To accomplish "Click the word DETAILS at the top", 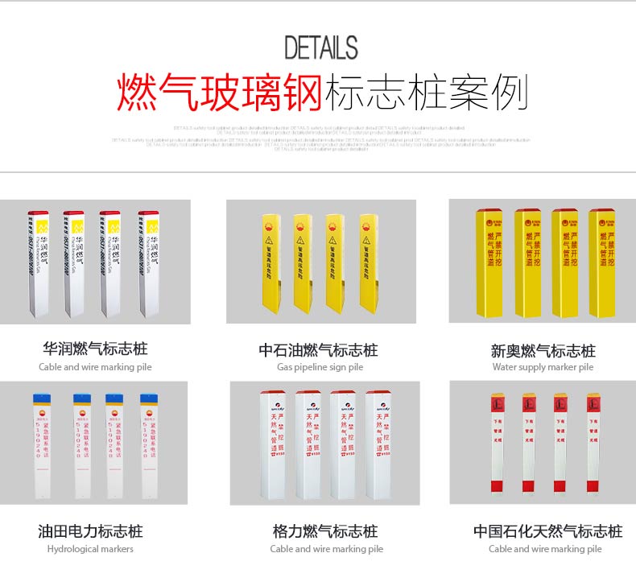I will point(320,48).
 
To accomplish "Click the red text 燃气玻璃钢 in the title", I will point(220,93).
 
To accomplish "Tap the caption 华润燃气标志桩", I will point(95,349).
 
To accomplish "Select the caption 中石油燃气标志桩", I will point(318,350).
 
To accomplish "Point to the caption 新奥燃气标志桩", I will point(543,351).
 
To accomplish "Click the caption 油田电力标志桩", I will point(90,531).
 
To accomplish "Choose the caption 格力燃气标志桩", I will point(325,531).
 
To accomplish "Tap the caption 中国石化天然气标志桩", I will point(547,531).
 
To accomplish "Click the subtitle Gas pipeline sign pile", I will point(320,367).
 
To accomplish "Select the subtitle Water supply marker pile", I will point(543,367).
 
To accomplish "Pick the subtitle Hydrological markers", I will point(90,549).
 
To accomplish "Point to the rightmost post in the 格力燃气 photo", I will point(379,447).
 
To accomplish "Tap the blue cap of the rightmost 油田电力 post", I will point(147,398).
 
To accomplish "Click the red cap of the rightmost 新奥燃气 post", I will point(602,213).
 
